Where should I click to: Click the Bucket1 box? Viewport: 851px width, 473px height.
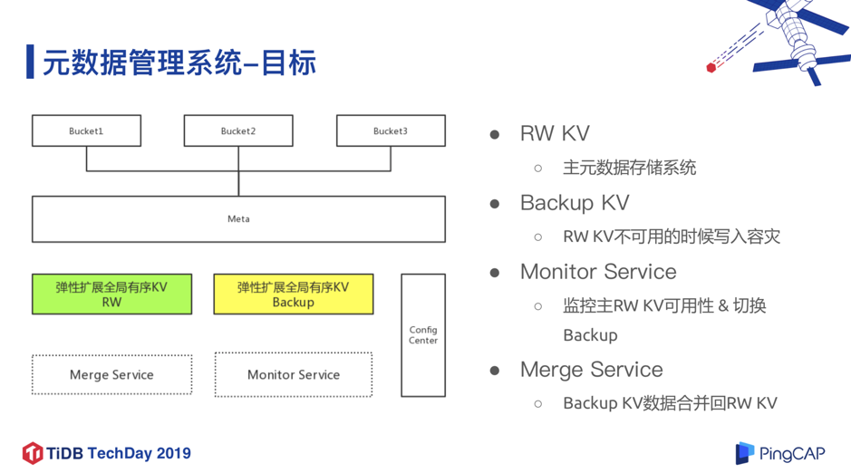86,130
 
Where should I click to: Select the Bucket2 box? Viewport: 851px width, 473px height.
238,130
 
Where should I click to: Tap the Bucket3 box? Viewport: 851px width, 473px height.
391,130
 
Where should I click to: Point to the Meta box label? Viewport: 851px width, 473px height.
238,219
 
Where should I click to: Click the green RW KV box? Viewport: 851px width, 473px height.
111,294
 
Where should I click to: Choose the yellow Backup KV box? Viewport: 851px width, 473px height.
293,294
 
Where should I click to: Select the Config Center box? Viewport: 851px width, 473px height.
423,335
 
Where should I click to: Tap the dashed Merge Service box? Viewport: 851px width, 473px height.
111,374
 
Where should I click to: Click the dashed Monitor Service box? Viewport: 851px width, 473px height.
293,374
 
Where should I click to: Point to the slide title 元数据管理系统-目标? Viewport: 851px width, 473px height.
179,63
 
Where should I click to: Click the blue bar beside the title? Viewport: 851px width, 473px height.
30,62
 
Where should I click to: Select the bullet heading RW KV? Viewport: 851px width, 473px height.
555,133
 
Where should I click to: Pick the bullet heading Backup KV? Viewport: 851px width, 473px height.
574,202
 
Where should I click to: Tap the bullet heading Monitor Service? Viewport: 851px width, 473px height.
597,272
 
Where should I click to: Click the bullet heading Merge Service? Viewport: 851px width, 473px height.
591,370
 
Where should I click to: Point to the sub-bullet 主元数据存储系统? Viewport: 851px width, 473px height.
629,168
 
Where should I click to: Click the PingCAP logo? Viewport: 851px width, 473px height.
780,453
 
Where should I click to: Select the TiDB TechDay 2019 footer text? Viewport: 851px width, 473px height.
107,453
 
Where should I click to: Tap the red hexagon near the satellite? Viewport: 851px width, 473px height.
711,67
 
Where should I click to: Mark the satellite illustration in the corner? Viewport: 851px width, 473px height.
798,36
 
